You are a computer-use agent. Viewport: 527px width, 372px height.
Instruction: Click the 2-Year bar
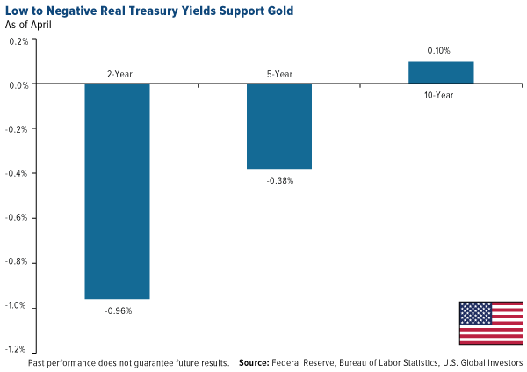[116, 192]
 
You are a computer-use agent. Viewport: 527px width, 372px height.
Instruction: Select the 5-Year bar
[278, 127]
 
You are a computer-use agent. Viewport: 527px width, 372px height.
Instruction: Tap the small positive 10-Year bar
[441, 73]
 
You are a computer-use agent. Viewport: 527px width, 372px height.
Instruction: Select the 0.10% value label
[440, 51]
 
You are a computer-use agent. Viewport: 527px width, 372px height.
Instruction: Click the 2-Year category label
[116, 75]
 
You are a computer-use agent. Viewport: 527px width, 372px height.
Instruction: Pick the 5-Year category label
[278, 75]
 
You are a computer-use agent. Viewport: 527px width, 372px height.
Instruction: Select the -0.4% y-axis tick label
[18, 173]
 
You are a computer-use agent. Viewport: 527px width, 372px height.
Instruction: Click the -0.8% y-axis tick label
[18, 262]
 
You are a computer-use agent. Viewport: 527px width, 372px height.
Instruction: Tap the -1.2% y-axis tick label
[18, 350]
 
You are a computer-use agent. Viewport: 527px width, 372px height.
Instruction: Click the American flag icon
[490, 323]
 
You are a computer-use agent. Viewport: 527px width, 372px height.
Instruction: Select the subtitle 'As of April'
[30, 26]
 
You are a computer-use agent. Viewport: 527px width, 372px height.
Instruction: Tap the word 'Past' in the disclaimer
[39, 362]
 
